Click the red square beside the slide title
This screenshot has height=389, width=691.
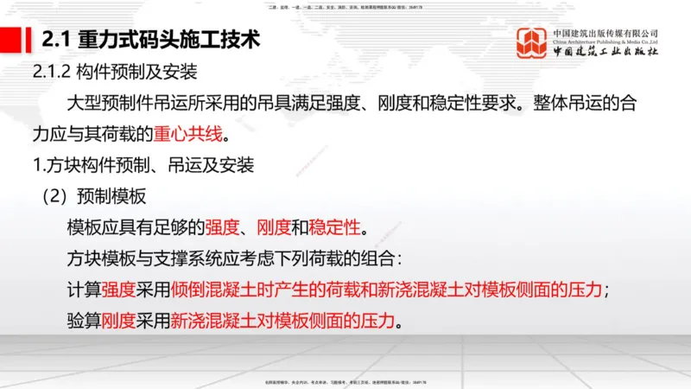pyautogui.click(x=16, y=41)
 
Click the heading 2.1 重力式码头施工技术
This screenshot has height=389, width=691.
pyautogui.click(x=149, y=41)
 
